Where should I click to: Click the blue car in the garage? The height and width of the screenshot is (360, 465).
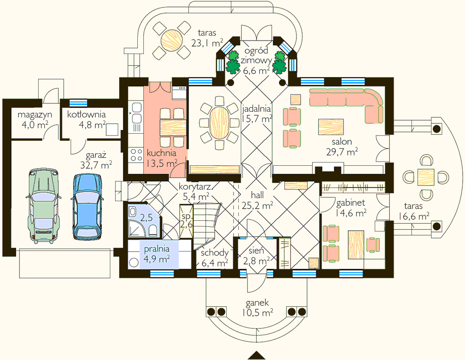click(x=88, y=207)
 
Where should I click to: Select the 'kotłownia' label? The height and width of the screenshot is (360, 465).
click(x=86, y=114)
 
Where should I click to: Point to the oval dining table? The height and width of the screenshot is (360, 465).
click(x=219, y=122)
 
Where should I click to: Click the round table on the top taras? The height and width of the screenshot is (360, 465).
click(x=171, y=40)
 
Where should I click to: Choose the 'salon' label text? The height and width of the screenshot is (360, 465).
click(x=342, y=142)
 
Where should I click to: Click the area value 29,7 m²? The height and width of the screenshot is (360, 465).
click(x=342, y=152)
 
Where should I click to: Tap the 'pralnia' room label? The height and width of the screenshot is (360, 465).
click(x=156, y=249)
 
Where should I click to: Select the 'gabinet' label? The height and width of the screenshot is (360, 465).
click(x=350, y=203)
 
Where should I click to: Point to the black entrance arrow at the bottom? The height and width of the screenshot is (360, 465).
click(x=257, y=355)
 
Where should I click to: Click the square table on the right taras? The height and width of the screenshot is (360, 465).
click(x=426, y=177)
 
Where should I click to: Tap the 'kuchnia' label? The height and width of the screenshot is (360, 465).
click(x=162, y=153)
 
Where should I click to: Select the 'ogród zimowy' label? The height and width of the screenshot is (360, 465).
click(x=256, y=55)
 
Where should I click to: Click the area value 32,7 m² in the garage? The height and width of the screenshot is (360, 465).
click(x=96, y=165)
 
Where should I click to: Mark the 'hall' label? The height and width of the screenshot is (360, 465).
click(x=257, y=195)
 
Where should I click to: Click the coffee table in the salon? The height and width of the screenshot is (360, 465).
click(x=331, y=127)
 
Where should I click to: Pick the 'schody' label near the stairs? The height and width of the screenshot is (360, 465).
click(x=215, y=253)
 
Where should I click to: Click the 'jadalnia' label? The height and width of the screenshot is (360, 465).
click(x=256, y=109)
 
